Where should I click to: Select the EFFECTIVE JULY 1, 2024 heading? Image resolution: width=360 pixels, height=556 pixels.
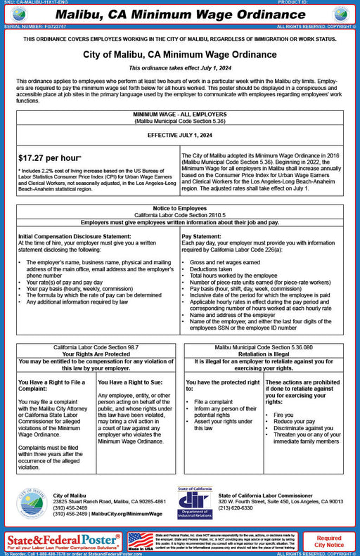click(180, 135)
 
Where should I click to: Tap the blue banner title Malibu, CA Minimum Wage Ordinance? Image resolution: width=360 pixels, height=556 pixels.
click(179, 13)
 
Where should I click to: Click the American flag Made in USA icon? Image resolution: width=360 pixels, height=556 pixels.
click(140, 541)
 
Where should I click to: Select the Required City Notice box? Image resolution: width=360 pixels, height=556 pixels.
click(329, 541)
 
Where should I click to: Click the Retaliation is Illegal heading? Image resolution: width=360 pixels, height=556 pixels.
click(263, 354)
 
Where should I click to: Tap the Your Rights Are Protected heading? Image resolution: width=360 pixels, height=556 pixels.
click(96, 354)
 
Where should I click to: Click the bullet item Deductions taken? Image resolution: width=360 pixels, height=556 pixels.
click(213, 268)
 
